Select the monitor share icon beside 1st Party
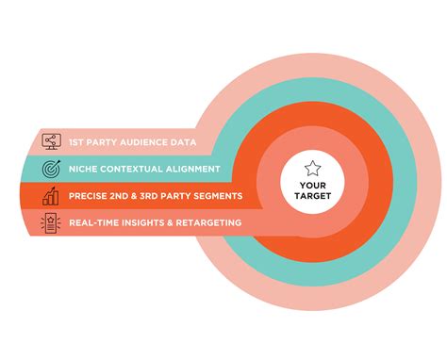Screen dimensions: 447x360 tap(51, 142)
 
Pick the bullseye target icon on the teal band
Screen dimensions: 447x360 tap(51, 170)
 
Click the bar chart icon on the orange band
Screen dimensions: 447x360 tap(51, 196)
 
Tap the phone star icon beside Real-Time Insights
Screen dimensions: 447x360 tap(51, 222)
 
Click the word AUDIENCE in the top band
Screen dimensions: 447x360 tap(142, 142)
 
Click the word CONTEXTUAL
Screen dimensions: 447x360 tap(137, 170)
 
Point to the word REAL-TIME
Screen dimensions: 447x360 tap(96, 222)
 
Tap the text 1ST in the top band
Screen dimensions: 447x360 tap(74, 142)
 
